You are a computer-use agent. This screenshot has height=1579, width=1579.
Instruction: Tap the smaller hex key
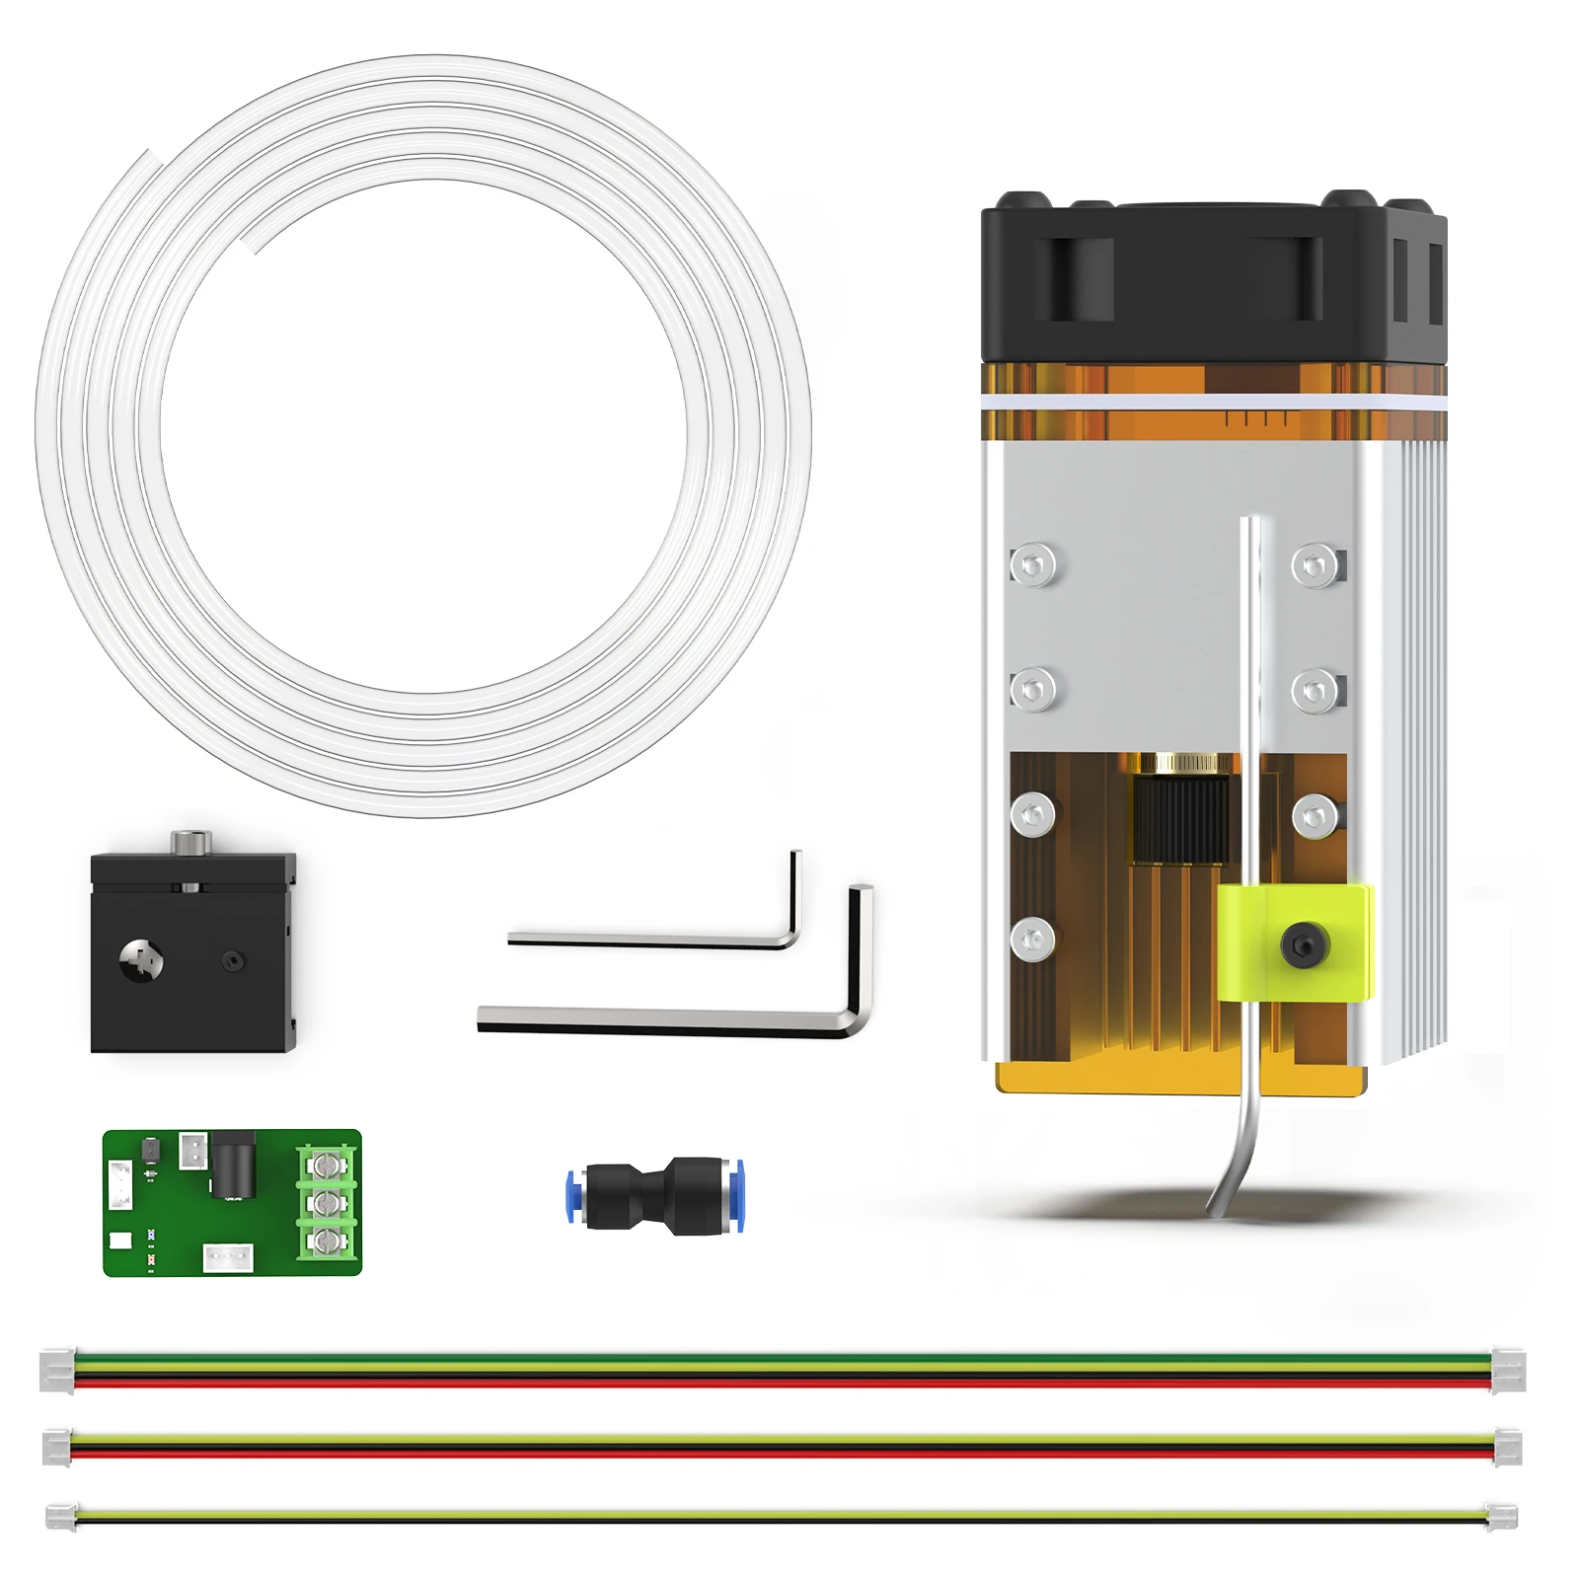point(651,939)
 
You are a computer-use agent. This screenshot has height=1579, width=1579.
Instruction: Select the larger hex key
point(661,1020)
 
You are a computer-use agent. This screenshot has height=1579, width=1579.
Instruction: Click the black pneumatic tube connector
point(655,1195)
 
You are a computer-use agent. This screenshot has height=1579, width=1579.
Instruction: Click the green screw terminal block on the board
point(327,1202)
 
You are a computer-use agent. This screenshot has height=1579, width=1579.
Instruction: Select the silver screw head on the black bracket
point(141,958)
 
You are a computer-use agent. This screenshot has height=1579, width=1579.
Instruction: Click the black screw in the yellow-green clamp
point(1304,945)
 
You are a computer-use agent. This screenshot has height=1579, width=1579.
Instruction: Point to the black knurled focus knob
point(1181,819)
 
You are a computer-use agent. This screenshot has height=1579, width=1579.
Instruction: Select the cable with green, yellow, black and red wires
point(780,1371)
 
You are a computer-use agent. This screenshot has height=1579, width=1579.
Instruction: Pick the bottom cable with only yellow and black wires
point(780,1516)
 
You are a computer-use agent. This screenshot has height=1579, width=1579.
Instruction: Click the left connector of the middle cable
point(57,1447)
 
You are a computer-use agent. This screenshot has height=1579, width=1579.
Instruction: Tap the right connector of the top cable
point(1507,1371)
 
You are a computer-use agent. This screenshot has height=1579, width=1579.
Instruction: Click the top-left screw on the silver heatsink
point(1032,565)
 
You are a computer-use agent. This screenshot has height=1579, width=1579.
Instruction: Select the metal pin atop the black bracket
point(190,843)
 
